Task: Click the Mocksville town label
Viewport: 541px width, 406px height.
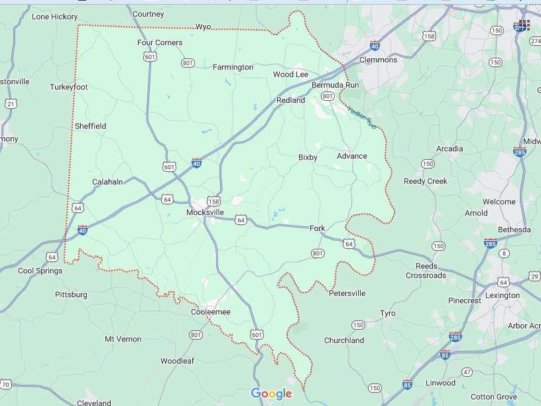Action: pyautogui.click(x=204, y=213)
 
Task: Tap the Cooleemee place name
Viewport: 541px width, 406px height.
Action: pyautogui.click(x=210, y=312)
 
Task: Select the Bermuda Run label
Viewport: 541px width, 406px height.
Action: pyautogui.click(x=335, y=86)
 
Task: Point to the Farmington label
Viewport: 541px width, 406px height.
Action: pyautogui.click(x=233, y=67)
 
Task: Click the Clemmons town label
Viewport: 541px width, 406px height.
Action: pyautogui.click(x=378, y=60)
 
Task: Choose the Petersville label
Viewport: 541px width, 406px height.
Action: pyautogui.click(x=347, y=293)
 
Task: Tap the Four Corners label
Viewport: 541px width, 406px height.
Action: pyautogui.click(x=160, y=43)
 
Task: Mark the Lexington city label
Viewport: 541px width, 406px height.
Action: pyautogui.click(x=502, y=295)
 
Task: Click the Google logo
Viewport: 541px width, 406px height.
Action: pyautogui.click(x=271, y=394)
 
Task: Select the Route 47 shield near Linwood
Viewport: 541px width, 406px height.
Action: pyautogui.click(x=467, y=372)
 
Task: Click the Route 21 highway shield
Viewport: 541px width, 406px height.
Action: pyautogui.click(x=11, y=103)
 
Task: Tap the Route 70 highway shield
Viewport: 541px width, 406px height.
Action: pyautogui.click(x=5, y=385)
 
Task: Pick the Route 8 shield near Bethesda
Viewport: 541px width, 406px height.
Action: pyautogui.click(x=504, y=253)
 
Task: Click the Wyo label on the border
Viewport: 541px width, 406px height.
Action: pyautogui.click(x=203, y=27)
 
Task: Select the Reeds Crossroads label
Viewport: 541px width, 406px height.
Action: pyautogui.click(x=426, y=271)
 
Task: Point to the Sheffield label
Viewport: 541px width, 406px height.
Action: pyautogui.click(x=90, y=126)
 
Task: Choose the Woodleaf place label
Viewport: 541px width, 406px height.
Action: pyautogui.click(x=176, y=362)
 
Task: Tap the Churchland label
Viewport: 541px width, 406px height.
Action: pyautogui.click(x=343, y=340)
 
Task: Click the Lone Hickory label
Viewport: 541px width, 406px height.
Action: pyautogui.click(x=54, y=16)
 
